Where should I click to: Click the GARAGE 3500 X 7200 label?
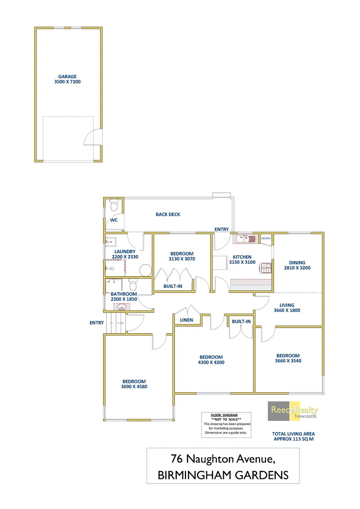67,79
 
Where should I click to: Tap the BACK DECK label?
168,214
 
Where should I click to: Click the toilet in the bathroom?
132,285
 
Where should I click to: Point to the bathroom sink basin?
122,307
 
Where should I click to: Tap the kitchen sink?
245,239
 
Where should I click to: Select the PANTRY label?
266,238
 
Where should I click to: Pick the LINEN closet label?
187,320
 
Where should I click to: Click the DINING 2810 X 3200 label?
297,265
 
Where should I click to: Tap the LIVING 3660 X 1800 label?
286,307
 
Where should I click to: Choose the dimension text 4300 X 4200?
211,362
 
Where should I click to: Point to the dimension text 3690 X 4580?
134,387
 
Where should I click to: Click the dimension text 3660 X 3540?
288,361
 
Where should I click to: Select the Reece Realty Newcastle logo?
293,411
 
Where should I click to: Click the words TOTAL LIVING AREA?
293,433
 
